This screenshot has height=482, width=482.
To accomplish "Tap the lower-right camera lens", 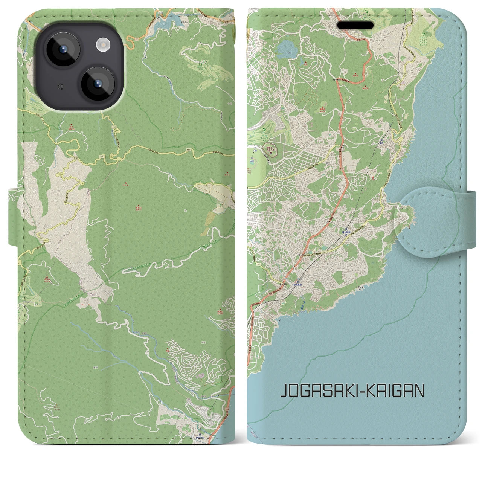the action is point(97,84).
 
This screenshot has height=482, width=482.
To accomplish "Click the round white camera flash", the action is point(103,46).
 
